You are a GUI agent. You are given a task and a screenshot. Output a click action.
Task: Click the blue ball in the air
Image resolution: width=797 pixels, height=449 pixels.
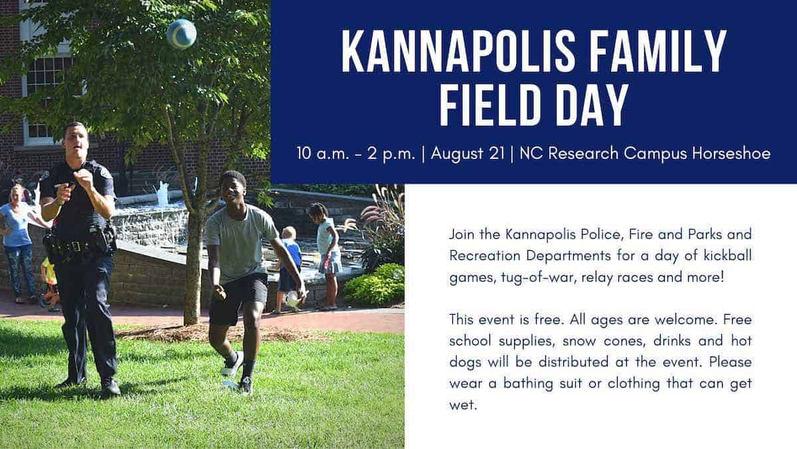181,34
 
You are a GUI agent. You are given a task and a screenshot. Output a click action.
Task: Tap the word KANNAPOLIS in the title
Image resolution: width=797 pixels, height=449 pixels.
458,51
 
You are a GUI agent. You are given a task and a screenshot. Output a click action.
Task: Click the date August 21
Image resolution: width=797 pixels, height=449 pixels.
468,154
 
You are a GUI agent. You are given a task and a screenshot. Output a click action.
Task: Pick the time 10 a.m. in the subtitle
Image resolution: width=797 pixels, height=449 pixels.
323,154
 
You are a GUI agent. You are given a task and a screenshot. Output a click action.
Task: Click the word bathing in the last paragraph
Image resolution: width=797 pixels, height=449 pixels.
528,384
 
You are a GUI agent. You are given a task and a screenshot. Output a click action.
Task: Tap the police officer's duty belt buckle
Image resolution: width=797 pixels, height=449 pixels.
75,246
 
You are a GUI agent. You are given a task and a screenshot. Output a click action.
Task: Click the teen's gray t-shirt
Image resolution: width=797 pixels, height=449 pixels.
240,242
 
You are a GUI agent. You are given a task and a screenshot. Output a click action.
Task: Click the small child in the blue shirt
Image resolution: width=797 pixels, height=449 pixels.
290,267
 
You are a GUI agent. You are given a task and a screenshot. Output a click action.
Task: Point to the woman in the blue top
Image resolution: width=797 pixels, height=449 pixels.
17,242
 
